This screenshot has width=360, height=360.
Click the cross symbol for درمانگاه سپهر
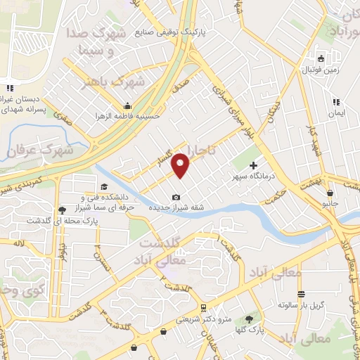click(x=253, y=165)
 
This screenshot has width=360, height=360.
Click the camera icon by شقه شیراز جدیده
click(x=176, y=198)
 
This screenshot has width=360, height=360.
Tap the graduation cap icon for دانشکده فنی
click(x=104, y=186)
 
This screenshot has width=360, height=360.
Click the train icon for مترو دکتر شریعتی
click(x=202, y=308)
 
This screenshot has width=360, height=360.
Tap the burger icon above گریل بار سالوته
click(x=301, y=294)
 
